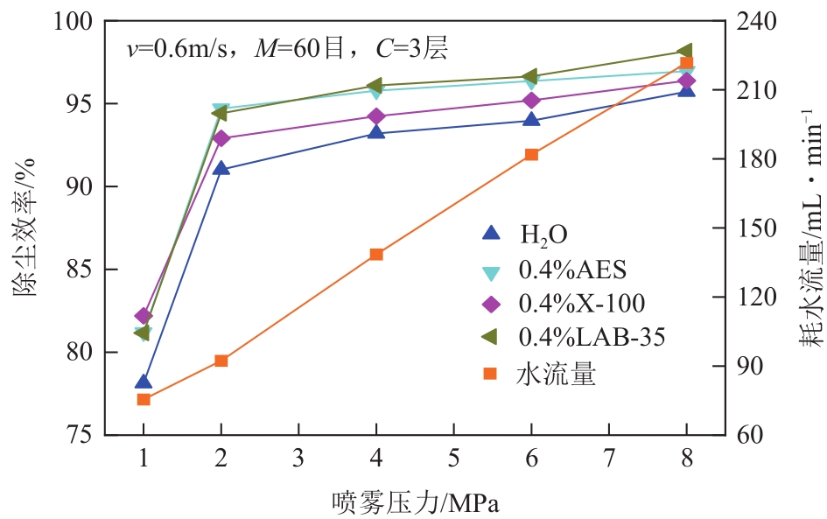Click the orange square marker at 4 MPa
pos(376,254)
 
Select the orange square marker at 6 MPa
pos(531,155)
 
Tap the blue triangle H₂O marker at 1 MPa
pos(144,382)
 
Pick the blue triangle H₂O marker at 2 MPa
pos(221,168)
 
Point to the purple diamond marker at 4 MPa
pos(376,116)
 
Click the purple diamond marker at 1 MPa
pos(144,315)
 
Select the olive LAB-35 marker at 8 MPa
pos(686,51)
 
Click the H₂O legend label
pos(543,235)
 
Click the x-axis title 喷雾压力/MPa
pos(415,501)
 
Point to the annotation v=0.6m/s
pos(178,50)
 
